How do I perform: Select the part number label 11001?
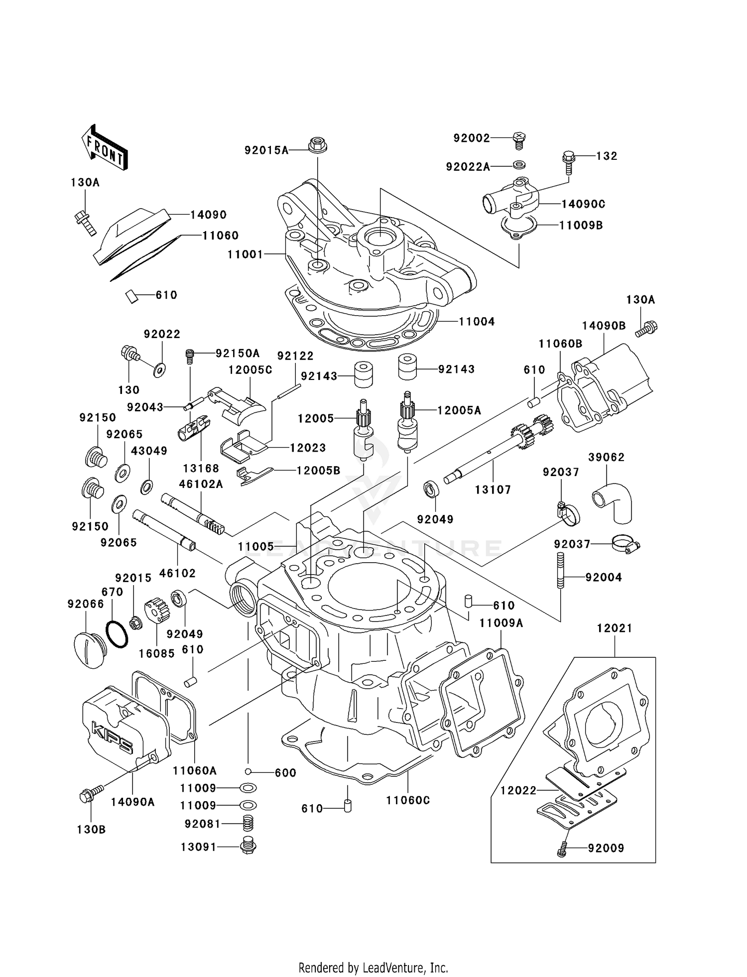245,254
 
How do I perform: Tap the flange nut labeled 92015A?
317,145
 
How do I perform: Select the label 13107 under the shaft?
493,490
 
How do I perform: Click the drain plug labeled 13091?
248,846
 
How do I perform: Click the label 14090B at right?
604,326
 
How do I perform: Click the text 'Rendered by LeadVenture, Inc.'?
373,968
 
